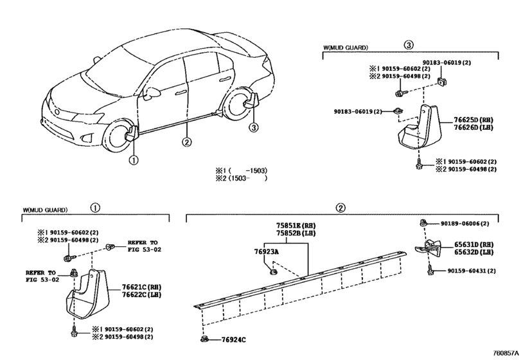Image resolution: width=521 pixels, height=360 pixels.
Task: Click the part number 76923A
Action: coord(267,253)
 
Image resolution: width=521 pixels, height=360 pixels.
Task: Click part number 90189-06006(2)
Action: coord(464,224)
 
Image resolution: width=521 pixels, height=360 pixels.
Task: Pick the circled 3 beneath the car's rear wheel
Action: coord(254,127)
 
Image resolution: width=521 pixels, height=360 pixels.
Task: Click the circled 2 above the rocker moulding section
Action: coord(340,208)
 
